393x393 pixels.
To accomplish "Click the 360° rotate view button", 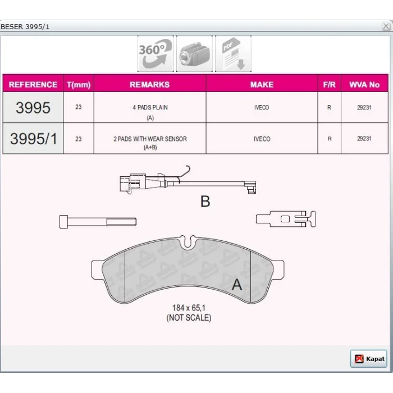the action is click(x=156, y=54).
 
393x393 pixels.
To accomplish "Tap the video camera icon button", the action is click(x=194, y=54).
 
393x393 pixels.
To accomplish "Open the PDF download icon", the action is click(x=233, y=54).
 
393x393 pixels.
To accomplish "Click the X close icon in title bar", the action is click(x=386, y=26).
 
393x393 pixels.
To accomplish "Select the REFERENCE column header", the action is click(x=33, y=84).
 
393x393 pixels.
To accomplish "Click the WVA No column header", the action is click(x=364, y=84).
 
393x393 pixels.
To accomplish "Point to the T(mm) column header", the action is click(x=79, y=85).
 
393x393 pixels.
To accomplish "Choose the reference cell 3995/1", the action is click(x=33, y=139).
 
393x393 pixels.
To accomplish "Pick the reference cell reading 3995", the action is click(x=33, y=108).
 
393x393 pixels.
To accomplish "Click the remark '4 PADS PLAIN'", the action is click(x=150, y=107).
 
